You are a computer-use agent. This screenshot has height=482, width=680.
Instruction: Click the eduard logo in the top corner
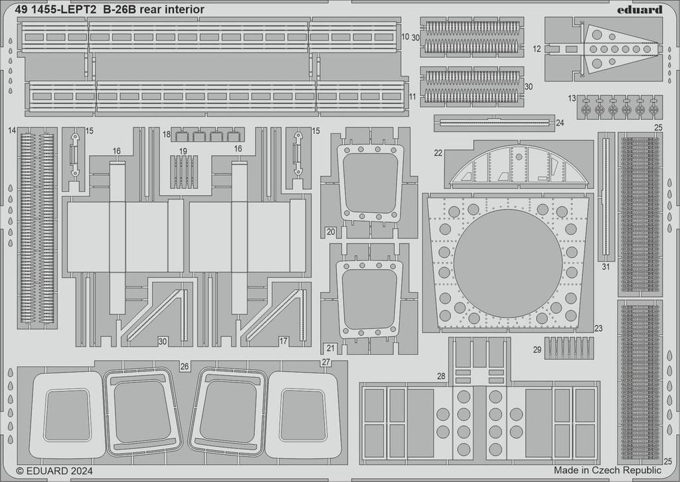click(638, 9)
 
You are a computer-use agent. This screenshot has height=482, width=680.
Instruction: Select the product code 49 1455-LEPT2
click(56, 9)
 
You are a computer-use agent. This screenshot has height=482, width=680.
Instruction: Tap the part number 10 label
click(405, 36)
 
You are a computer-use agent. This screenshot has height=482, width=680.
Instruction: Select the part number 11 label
click(412, 97)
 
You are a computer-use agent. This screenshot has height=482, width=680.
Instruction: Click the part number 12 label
click(537, 48)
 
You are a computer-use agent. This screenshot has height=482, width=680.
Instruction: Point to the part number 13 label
click(572, 98)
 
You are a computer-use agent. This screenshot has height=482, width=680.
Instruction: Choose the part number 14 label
click(12, 130)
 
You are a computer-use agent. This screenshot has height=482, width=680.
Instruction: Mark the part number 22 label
click(438, 152)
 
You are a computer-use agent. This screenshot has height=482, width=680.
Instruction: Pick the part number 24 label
click(560, 123)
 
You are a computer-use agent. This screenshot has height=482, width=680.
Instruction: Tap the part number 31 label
click(605, 267)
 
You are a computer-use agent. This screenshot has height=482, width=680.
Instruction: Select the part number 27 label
click(325, 362)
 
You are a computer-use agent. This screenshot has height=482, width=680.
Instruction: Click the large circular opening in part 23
click(507, 263)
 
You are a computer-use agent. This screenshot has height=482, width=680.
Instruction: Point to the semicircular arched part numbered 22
click(518, 166)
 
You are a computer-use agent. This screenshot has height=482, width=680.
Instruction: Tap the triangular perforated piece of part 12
click(614, 48)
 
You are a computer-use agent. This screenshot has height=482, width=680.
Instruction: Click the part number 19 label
click(183, 151)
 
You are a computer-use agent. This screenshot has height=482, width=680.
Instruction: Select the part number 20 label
click(330, 231)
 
